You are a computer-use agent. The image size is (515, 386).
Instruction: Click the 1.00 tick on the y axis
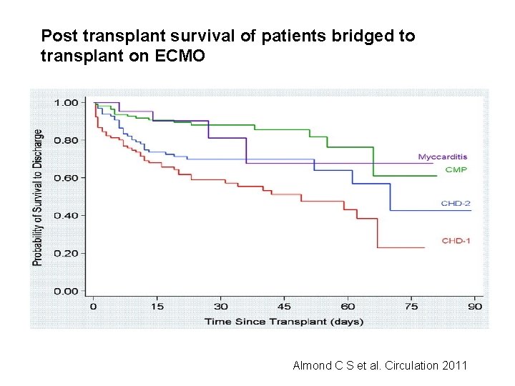pos(67,102)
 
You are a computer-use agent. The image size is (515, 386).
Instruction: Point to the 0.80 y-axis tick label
pos(67,140)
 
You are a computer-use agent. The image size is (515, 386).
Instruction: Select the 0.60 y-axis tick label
pos(67,177)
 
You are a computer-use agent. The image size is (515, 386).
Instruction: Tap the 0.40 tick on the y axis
pos(67,215)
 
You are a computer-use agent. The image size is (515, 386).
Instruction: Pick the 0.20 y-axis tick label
pos(67,253)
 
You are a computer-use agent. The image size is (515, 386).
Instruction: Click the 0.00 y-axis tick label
pos(67,291)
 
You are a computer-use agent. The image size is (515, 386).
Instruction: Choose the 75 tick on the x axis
pos(411,306)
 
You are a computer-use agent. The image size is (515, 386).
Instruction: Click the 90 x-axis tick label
pos(474,306)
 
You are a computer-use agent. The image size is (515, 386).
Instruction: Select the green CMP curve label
pos(456,169)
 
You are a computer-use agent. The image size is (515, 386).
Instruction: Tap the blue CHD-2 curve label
pos(455,204)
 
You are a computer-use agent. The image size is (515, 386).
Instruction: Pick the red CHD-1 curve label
pos(455,241)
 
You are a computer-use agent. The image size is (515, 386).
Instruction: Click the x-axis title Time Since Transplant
pos(284,321)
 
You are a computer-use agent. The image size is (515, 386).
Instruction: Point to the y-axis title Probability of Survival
pos(38,197)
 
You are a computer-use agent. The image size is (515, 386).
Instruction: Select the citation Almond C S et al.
pos(380,365)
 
